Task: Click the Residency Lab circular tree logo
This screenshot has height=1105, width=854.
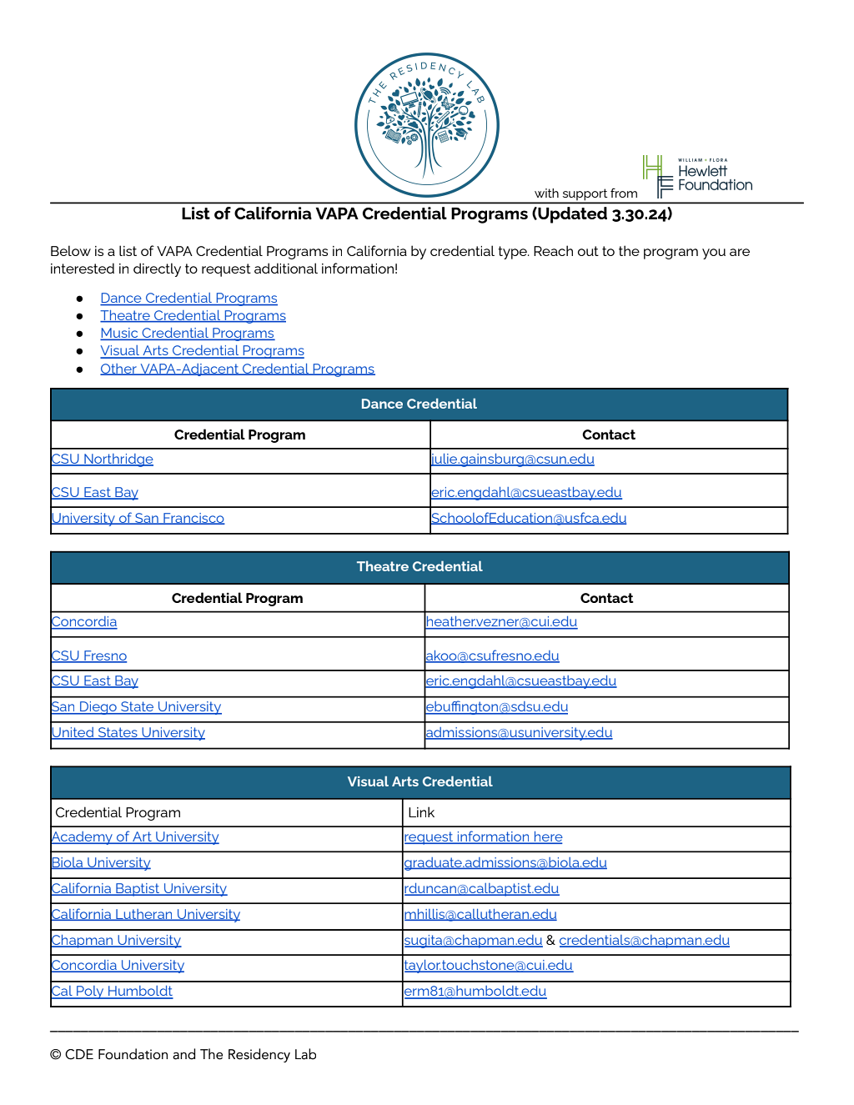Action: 426,125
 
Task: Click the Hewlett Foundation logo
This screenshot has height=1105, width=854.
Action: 698,177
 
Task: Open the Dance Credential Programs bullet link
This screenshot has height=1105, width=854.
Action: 188,299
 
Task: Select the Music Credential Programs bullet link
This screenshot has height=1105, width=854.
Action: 187,334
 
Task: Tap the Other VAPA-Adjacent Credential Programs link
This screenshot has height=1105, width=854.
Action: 237,369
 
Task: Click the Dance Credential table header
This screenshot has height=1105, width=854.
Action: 419,404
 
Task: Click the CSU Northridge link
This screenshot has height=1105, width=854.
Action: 103,460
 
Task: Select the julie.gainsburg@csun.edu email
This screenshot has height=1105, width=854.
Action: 512,460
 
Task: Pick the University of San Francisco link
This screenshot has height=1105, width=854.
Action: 138,519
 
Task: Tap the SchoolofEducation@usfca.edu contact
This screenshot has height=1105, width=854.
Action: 528,519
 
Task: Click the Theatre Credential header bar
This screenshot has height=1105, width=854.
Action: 419,567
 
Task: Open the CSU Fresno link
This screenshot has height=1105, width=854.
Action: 89,656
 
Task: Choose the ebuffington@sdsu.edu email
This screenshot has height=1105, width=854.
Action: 496,707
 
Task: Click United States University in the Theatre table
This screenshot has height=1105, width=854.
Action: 128,733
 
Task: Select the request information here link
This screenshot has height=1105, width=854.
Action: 483,837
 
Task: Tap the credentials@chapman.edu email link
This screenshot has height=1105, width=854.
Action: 644,941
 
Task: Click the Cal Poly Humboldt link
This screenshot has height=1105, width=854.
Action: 112,992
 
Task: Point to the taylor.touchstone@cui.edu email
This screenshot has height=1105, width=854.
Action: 488,966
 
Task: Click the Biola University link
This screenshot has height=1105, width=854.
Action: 101,863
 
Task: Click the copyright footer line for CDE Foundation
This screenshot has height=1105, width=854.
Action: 183,1055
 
